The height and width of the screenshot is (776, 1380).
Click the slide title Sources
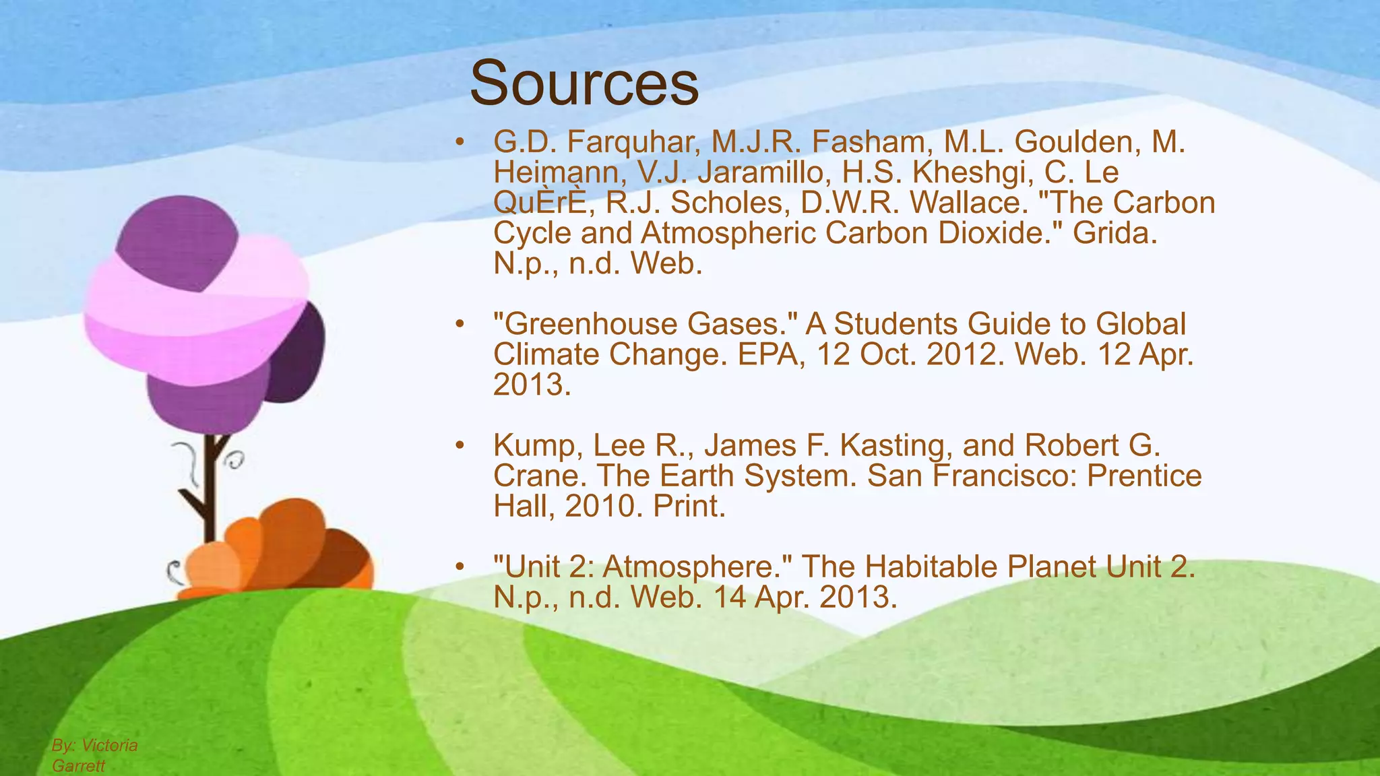coord(584,84)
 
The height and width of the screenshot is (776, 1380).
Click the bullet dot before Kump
coord(460,445)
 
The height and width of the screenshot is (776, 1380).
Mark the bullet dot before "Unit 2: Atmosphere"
coord(460,567)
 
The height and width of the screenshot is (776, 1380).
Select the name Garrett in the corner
coord(78,766)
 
